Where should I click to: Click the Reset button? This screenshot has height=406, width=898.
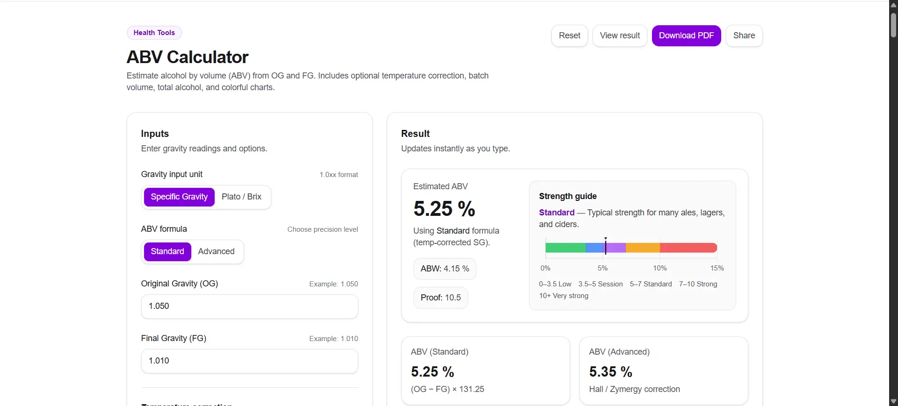click(x=569, y=36)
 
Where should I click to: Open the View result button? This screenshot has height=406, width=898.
click(x=620, y=36)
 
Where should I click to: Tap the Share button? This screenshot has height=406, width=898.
click(x=744, y=36)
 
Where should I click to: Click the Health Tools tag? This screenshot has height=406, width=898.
click(x=154, y=33)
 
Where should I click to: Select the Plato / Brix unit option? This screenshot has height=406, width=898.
click(x=241, y=197)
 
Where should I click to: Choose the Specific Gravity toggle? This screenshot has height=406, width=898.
click(x=179, y=197)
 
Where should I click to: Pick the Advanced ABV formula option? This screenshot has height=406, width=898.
click(x=216, y=251)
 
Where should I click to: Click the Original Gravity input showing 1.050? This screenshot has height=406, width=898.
click(x=249, y=306)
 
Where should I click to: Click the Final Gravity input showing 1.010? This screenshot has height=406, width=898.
click(x=249, y=361)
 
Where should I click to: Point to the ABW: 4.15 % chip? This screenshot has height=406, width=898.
click(x=444, y=269)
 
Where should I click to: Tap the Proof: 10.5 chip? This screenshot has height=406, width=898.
click(x=441, y=298)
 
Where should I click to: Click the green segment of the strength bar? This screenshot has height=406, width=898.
click(x=565, y=248)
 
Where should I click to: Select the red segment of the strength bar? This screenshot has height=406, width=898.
click(x=688, y=248)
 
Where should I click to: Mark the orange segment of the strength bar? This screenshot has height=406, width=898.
click(x=643, y=248)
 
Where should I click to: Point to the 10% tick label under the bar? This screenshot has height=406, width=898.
click(x=659, y=268)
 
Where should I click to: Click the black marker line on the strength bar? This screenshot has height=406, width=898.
click(x=606, y=247)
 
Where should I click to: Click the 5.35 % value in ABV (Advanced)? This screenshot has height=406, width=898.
click(x=610, y=372)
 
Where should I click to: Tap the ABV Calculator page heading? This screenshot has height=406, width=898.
click(x=188, y=57)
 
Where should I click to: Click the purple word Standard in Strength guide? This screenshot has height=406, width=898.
click(x=557, y=213)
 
